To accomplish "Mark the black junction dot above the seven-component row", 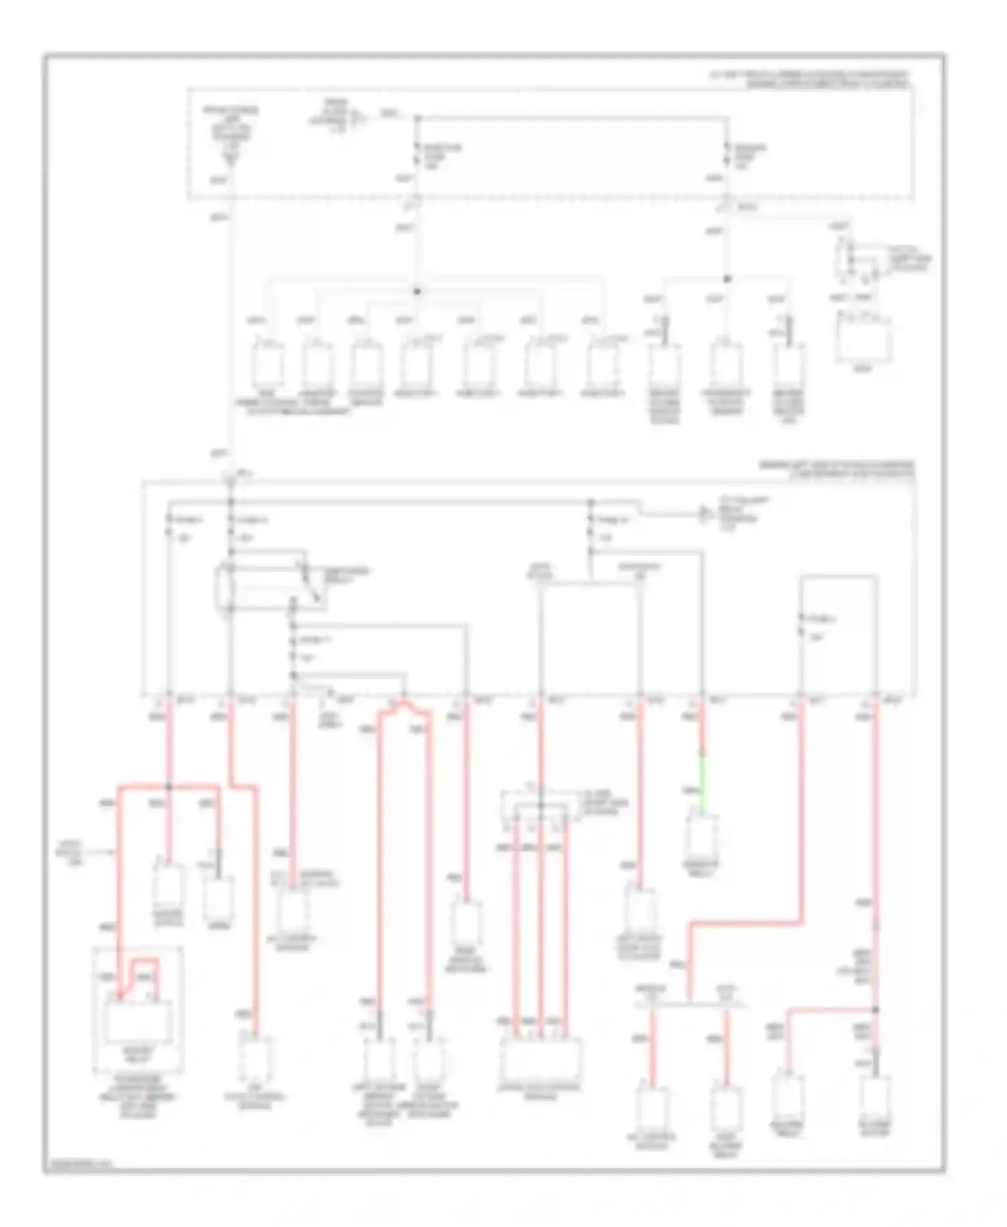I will [416, 291].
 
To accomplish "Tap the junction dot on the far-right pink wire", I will [875, 1010].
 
